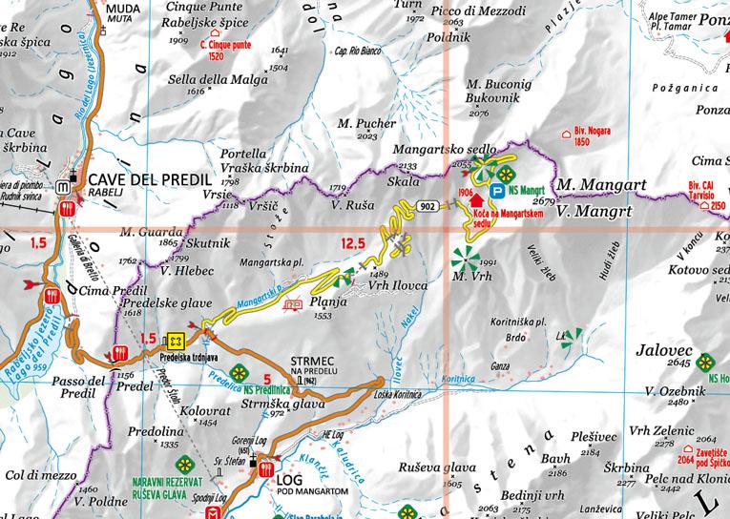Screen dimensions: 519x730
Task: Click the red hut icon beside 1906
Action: pos(478,203)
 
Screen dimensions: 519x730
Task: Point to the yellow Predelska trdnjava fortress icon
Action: pos(175,340)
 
